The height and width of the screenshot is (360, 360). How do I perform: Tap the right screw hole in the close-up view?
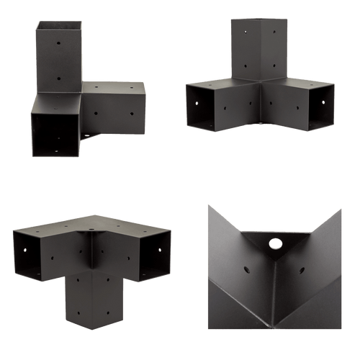[302, 271]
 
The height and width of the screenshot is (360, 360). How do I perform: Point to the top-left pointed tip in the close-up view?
[208, 207]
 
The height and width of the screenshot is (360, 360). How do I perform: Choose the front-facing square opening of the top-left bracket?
[55, 134]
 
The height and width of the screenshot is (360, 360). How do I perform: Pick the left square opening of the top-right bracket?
[208, 108]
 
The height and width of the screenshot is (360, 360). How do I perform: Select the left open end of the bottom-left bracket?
[30, 256]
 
